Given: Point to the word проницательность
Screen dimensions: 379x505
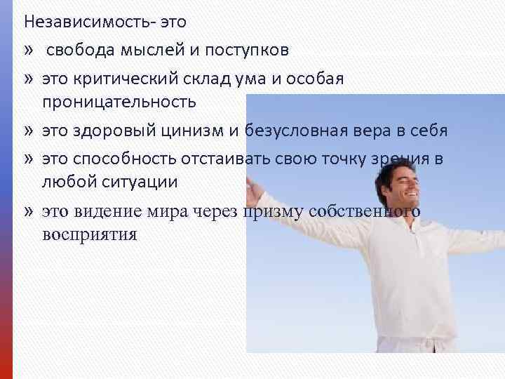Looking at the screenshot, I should click(x=119, y=102).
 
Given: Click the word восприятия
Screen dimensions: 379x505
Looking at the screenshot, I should click(x=88, y=233).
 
